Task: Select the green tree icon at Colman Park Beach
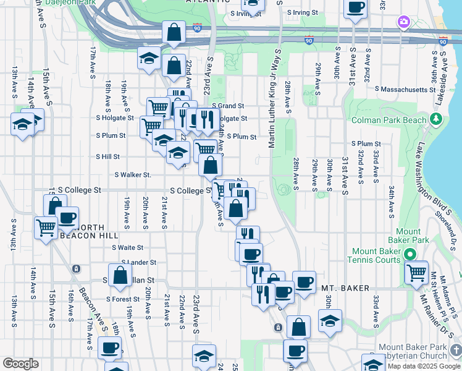coord(437,117)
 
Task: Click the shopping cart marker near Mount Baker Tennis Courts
coord(417,271)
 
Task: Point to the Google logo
coord(20,364)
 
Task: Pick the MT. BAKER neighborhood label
coord(345,288)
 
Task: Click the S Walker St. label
coord(133,175)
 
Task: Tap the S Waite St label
coord(128,247)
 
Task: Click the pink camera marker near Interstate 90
coord(403,22)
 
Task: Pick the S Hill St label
coord(107,157)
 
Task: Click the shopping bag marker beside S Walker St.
coord(210,166)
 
